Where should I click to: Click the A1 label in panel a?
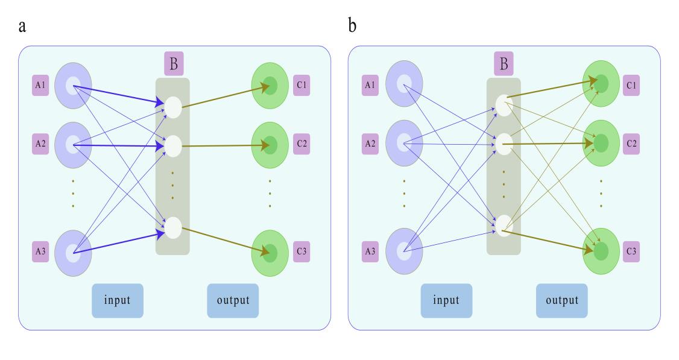pos(40,86)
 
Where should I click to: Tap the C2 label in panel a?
pos(301,144)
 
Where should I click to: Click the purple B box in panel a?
pos(173,63)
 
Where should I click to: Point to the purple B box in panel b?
pos(504,63)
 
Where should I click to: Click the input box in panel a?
pos(118,300)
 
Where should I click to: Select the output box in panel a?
pos(233,300)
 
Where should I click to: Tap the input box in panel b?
pos(447,300)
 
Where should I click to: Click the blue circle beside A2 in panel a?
pos(73,144)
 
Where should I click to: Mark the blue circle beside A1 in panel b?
pos(403,85)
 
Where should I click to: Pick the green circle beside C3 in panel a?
pos(269,250)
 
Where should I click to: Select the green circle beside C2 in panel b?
pos(601,143)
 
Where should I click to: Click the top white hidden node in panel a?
pos(172,108)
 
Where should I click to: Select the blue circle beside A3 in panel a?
pos(73,251)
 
